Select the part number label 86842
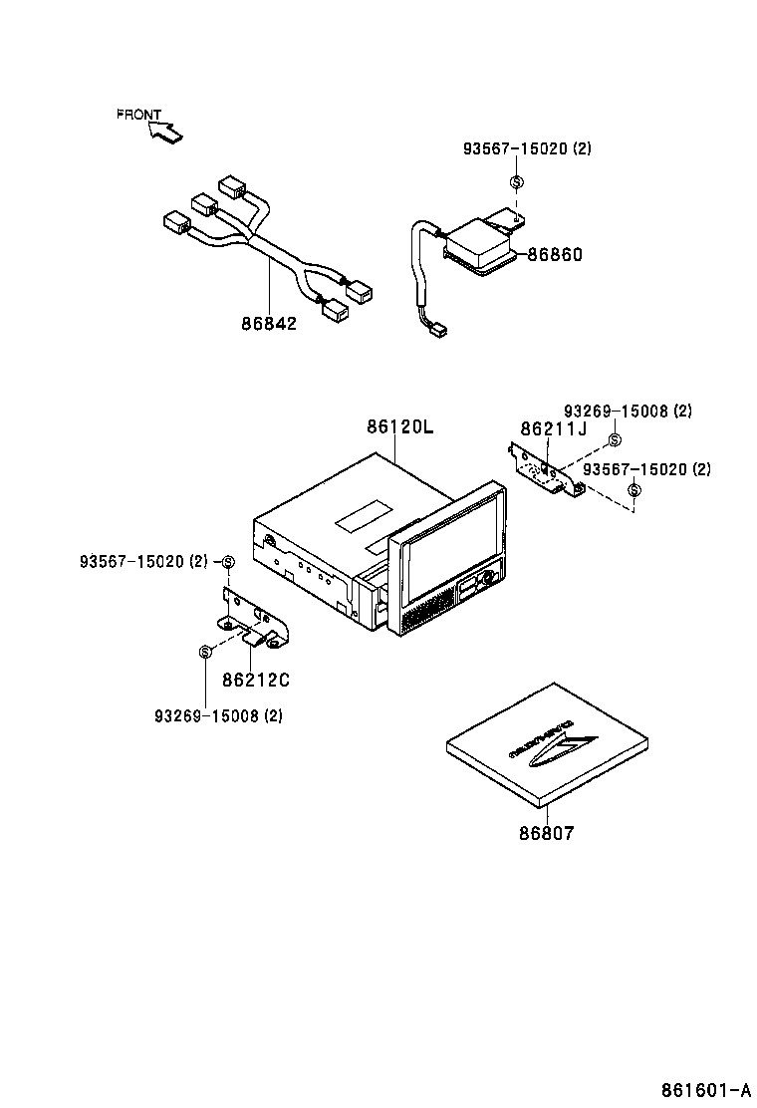click(x=268, y=324)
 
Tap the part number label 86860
click(x=554, y=254)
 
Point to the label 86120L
click(x=400, y=427)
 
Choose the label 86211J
click(x=554, y=428)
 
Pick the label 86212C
click(x=255, y=681)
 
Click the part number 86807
click(x=546, y=833)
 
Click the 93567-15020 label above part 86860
click(x=527, y=148)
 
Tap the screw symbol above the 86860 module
click(x=516, y=182)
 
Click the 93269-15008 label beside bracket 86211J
click(x=628, y=411)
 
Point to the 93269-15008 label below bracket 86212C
click(x=218, y=715)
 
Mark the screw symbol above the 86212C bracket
click(x=227, y=563)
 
